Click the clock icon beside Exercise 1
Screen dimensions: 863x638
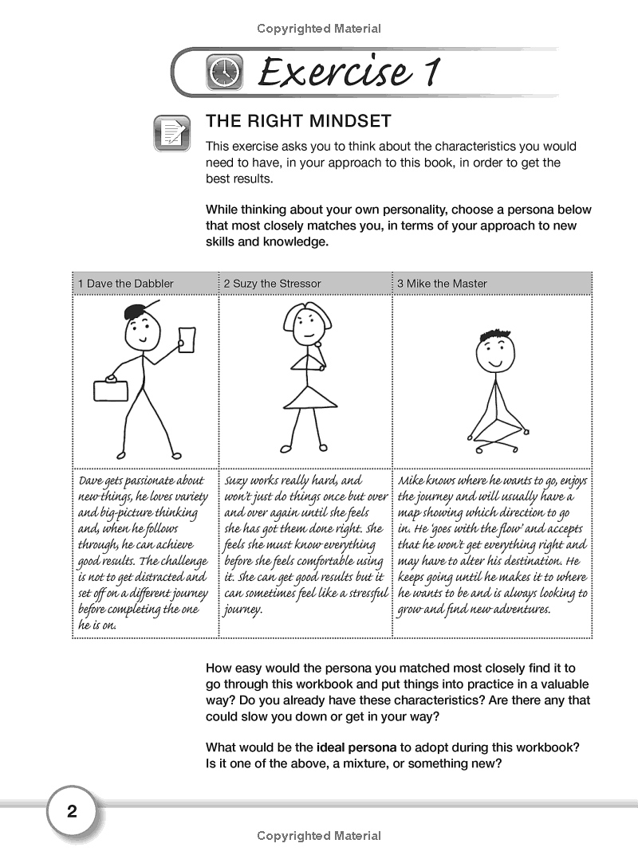pyautogui.click(x=223, y=73)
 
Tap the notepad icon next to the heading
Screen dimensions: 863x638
pyautogui.click(x=172, y=133)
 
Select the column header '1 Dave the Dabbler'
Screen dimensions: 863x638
pyautogui.click(x=125, y=283)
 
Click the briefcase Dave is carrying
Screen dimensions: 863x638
pyautogui.click(x=112, y=390)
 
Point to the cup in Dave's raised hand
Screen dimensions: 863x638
pyautogui.click(x=187, y=338)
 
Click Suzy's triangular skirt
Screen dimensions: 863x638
pyautogui.click(x=303, y=395)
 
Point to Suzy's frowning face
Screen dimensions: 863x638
pyautogui.click(x=305, y=322)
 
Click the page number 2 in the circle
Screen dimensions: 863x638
pyautogui.click(x=72, y=812)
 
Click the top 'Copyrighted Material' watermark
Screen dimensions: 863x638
pyautogui.click(x=319, y=29)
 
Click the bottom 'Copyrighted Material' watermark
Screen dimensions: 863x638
pyautogui.click(x=319, y=836)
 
